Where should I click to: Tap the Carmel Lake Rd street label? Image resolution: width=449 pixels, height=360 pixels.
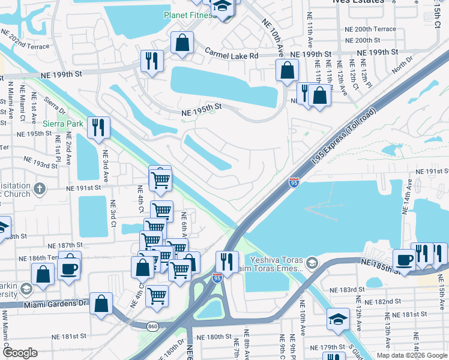[x=232, y=55]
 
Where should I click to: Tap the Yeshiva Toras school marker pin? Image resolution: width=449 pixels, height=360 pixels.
[x=312, y=263]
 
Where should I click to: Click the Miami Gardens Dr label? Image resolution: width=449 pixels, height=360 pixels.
[x=55, y=304]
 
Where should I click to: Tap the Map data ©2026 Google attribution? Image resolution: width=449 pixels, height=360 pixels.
[x=411, y=355]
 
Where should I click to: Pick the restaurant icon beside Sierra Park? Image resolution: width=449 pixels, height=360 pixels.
[x=98, y=127]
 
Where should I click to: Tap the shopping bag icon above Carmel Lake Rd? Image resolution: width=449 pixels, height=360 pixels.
[x=181, y=43]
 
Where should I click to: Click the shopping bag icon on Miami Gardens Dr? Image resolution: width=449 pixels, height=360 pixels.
[x=101, y=303]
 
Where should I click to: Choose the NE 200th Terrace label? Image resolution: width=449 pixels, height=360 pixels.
[x=370, y=29]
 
